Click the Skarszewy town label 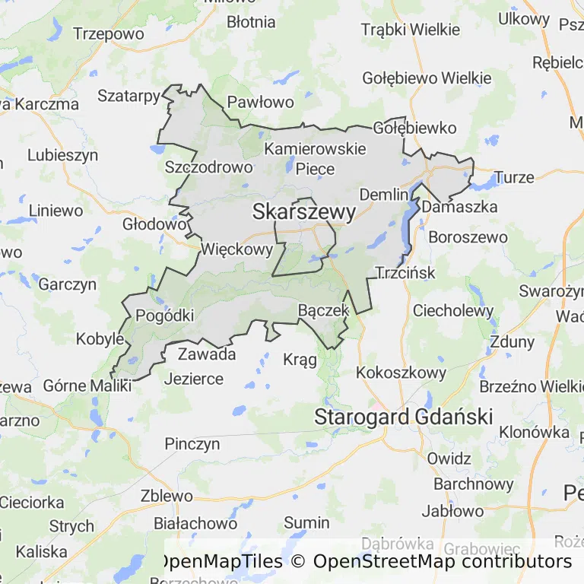(303, 213)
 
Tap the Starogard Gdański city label (404, 417)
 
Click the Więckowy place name (236, 249)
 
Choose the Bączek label (323, 309)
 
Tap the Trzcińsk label (406, 272)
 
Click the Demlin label (384, 194)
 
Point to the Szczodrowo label (208, 167)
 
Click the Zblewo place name (167, 496)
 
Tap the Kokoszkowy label (401, 373)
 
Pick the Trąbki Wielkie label (410, 30)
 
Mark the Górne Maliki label (87, 385)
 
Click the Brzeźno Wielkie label (529, 386)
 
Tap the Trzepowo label (109, 33)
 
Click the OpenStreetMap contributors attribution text (442, 562)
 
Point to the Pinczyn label (192, 443)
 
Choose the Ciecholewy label (452, 310)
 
